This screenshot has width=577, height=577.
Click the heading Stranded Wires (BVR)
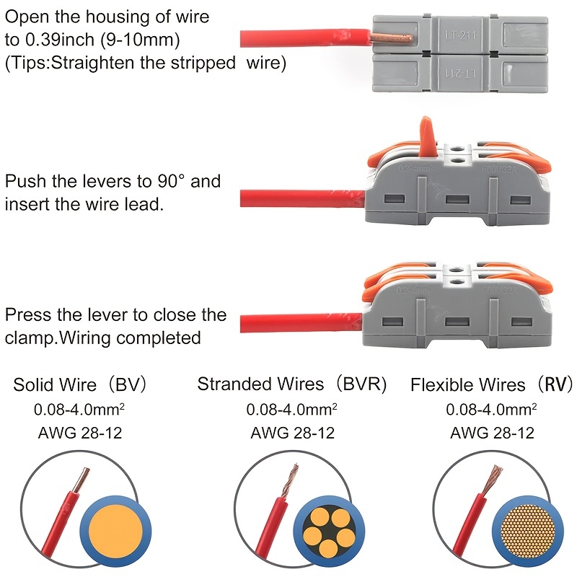(x=292, y=384)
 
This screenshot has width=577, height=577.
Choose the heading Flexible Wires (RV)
(x=490, y=384)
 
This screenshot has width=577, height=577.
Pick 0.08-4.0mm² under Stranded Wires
(x=291, y=410)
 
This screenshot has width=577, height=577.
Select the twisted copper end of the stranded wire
(x=293, y=477)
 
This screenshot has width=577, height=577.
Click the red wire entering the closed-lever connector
(x=303, y=320)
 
